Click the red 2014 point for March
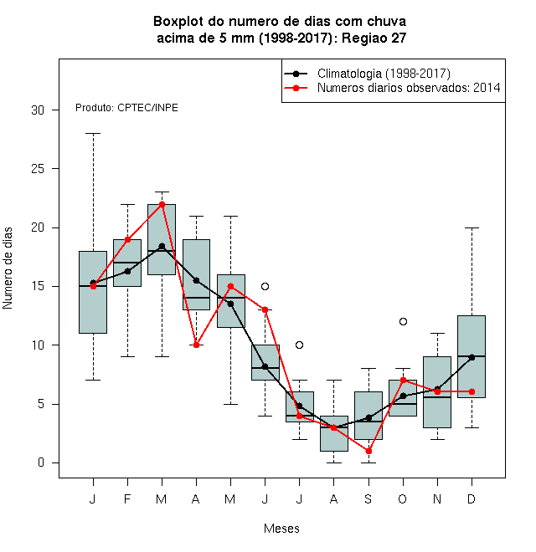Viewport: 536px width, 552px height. tap(162, 204)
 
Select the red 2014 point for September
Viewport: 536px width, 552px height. tap(368, 451)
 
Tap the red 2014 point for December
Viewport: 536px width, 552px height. tap(472, 391)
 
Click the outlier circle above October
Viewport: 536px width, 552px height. tap(403, 321)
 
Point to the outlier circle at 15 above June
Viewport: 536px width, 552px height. tap(265, 286)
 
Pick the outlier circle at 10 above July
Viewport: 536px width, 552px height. tap(299, 345)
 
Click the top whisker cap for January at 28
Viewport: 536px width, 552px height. tap(93, 134)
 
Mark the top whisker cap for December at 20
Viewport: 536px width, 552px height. tap(472, 227)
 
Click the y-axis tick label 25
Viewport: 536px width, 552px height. tap(38, 169)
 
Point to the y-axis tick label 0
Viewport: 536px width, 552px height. tap(41, 463)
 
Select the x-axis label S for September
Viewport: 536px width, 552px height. tap(368, 498)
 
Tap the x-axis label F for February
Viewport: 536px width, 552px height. tap(127, 498)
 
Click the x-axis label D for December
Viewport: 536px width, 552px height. tap(472, 498)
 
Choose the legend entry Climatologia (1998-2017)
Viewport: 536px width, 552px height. tap(384, 74)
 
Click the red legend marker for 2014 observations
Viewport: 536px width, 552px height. tap(296, 88)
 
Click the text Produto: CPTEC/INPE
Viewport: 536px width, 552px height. tap(126, 108)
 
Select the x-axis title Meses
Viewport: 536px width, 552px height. tap(281, 529)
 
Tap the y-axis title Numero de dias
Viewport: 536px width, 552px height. tap(8, 268)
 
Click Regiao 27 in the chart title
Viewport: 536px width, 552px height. tap(374, 38)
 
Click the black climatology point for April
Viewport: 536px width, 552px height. tap(197, 280)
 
